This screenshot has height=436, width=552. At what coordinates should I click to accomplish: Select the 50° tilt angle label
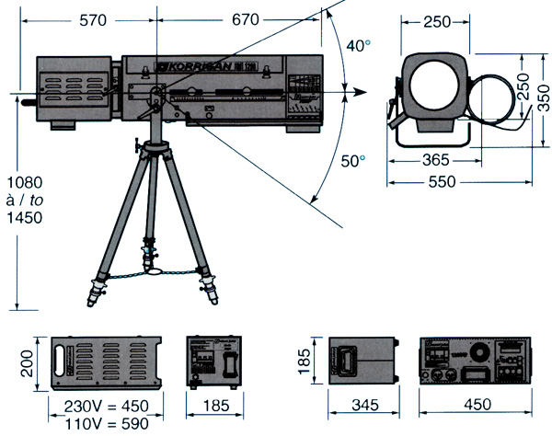click(x=352, y=161)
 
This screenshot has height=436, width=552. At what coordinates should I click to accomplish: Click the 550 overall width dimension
click(x=444, y=182)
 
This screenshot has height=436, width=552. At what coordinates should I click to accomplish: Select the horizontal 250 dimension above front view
click(x=438, y=21)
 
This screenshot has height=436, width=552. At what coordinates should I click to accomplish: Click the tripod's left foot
click(x=93, y=298)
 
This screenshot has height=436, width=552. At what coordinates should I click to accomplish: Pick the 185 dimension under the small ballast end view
click(x=213, y=406)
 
